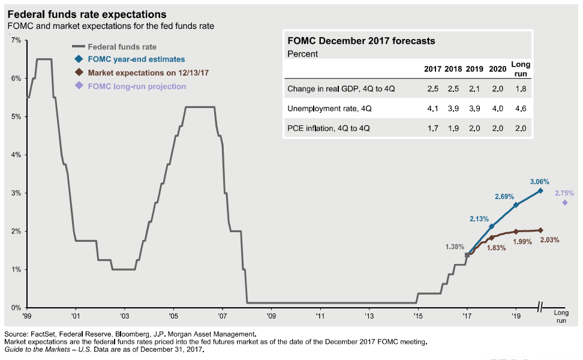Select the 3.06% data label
(x=540, y=181)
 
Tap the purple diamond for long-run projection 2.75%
(x=564, y=203)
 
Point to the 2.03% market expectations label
(x=549, y=240)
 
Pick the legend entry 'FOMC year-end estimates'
(x=136, y=59)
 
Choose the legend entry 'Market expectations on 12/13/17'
(x=148, y=73)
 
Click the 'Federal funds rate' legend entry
(x=122, y=46)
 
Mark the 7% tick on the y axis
(x=16, y=40)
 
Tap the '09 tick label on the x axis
(x=271, y=315)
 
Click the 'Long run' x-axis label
(x=560, y=317)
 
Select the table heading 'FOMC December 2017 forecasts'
(x=361, y=41)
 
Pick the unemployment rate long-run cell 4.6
(x=520, y=109)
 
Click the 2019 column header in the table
(x=474, y=68)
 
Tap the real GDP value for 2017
(x=432, y=89)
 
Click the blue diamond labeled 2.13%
(x=491, y=227)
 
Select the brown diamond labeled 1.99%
(x=516, y=232)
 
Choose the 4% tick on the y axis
(x=16, y=155)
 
